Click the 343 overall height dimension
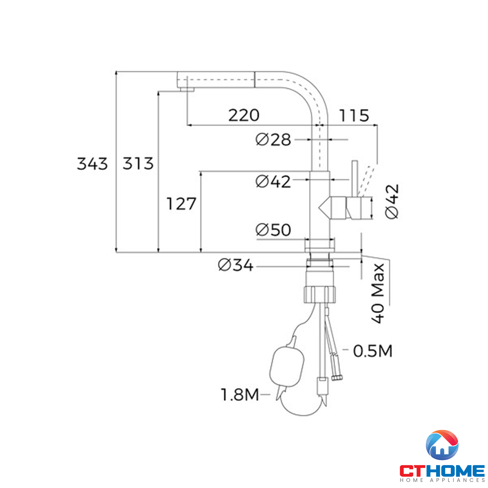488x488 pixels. pos(92,164)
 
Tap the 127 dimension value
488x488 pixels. pos(181,204)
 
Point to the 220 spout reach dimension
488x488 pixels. pos(244,115)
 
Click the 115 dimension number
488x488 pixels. pos(354,115)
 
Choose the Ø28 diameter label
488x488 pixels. pos(273,139)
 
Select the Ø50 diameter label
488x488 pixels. pos(273,230)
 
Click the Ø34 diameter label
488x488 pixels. pos(235,265)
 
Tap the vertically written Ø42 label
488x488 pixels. pos(392,202)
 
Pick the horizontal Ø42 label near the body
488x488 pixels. pos(273,182)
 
